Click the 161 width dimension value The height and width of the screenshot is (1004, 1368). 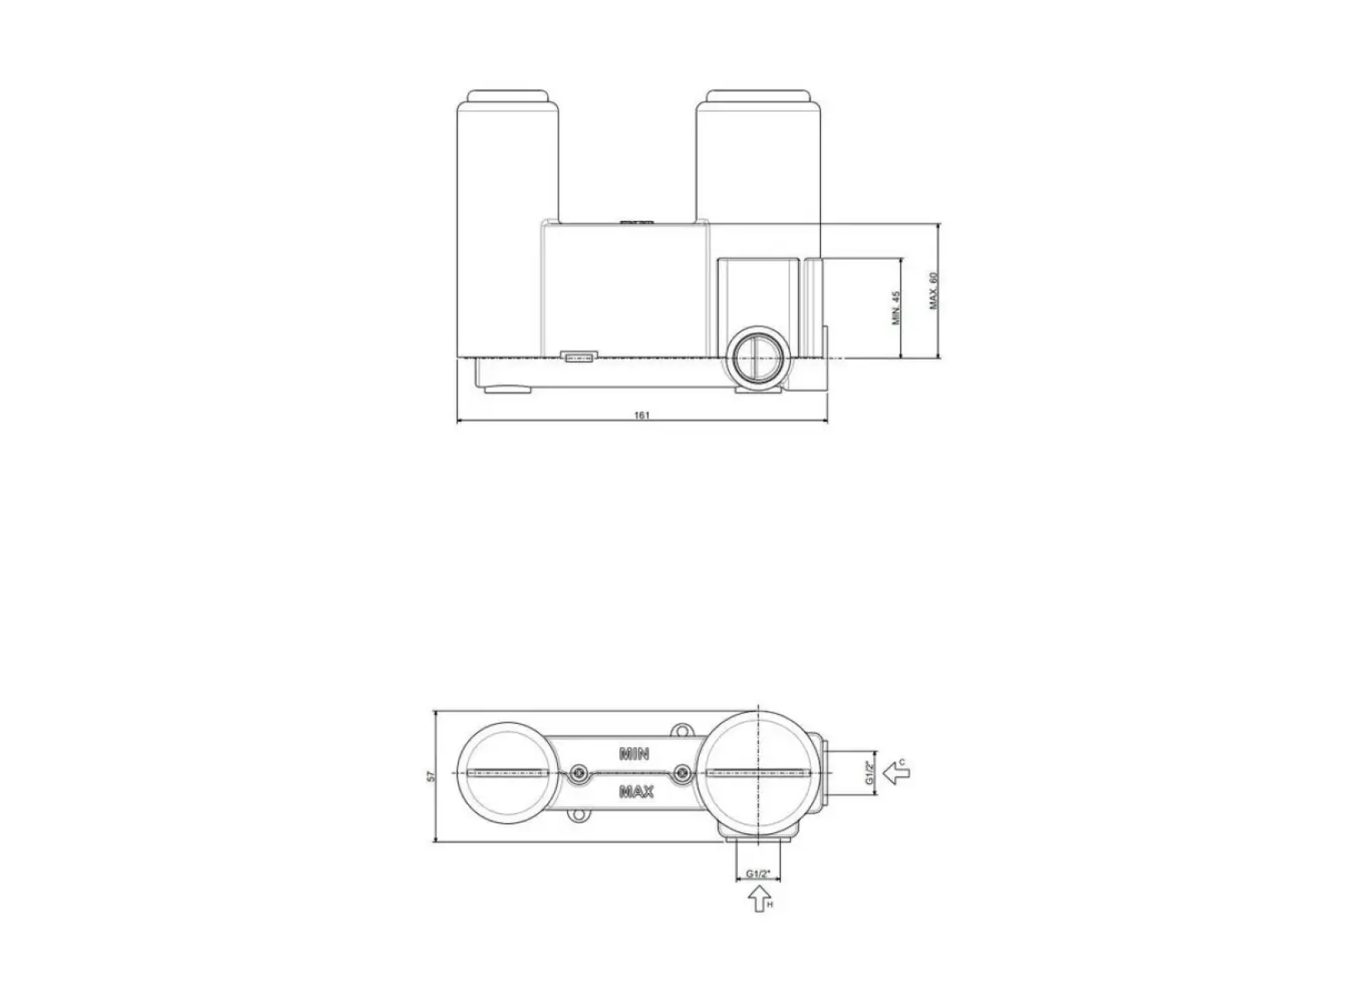coord(642,415)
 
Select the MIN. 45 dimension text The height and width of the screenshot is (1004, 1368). coord(896,308)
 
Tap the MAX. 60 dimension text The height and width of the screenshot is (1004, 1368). coord(933,290)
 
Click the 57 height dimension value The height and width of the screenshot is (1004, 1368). coord(432,777)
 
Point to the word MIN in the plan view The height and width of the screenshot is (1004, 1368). coord(635,753)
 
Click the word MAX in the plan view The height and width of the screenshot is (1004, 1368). coord(636,791)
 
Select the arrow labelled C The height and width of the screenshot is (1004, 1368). coord(896,772)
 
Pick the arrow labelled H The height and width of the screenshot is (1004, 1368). coord(759,899)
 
